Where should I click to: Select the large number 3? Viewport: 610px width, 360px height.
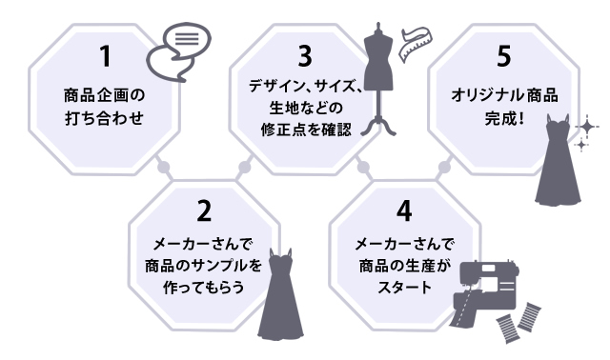pyautogui.click(x=304, y=54)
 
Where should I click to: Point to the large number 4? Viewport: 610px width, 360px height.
pyautogui.click(x=404, y=209)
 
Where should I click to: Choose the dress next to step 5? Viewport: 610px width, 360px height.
pyautogui.click(x=557, y=162)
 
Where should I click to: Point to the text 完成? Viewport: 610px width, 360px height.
pyautogui.click(x=504, y=122)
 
